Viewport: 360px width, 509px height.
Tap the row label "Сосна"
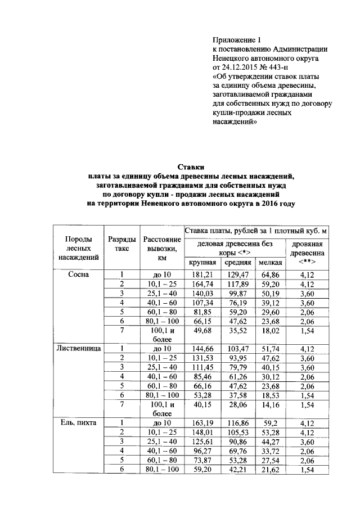(x=79, y=274)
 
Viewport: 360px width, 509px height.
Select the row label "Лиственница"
(x=79, y=348)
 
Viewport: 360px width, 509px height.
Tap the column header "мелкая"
(x=270, y=263)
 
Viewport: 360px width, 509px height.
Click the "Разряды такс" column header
(x=121, y=244)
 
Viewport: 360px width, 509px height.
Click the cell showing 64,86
(x=270, y=274)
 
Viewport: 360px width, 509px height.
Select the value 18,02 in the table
(x=270, y=332)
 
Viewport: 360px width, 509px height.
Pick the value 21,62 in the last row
(x=270, y=469)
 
